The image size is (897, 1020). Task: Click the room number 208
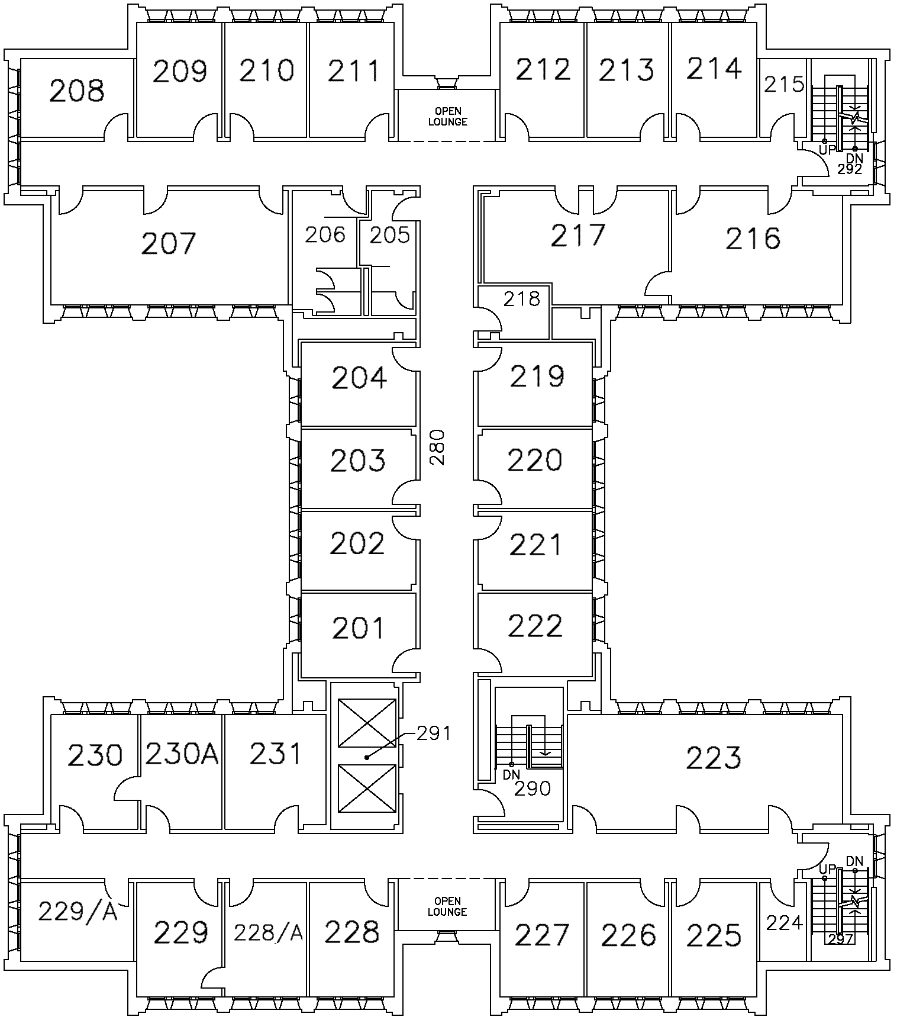pyautogui.click(x=77, y=91)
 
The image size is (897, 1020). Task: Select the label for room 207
pyautogui.click(x=169, y=243)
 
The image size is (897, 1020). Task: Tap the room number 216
pyautogui.click(x=753, y=239)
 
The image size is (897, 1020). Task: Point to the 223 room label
pyautogui.click(x=713, y=758)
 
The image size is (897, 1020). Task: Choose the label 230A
pyautogui.click(x=182, y=754)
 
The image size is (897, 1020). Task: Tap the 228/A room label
pyautogui.click(x=268, y=932)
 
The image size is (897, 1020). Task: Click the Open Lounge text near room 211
pyautogui.click(x=448, y=117)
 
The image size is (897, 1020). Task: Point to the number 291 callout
pyautogui.click(x=434, y=734)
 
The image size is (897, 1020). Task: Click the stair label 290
pyautogui.click(x=533, y=789)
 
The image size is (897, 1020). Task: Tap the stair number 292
pyautogui.click(x=850, y=169)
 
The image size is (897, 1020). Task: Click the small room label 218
pyautogui.click(x=522, y=299)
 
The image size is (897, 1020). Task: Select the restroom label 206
pyautogui.click(x=325, y=235)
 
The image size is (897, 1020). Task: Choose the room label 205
pyautogui.click(x=390, y=235)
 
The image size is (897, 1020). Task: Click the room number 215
pyautogui.click(x=784, y=85)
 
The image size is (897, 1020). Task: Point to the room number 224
pyautogui.click(x=784, y=922)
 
